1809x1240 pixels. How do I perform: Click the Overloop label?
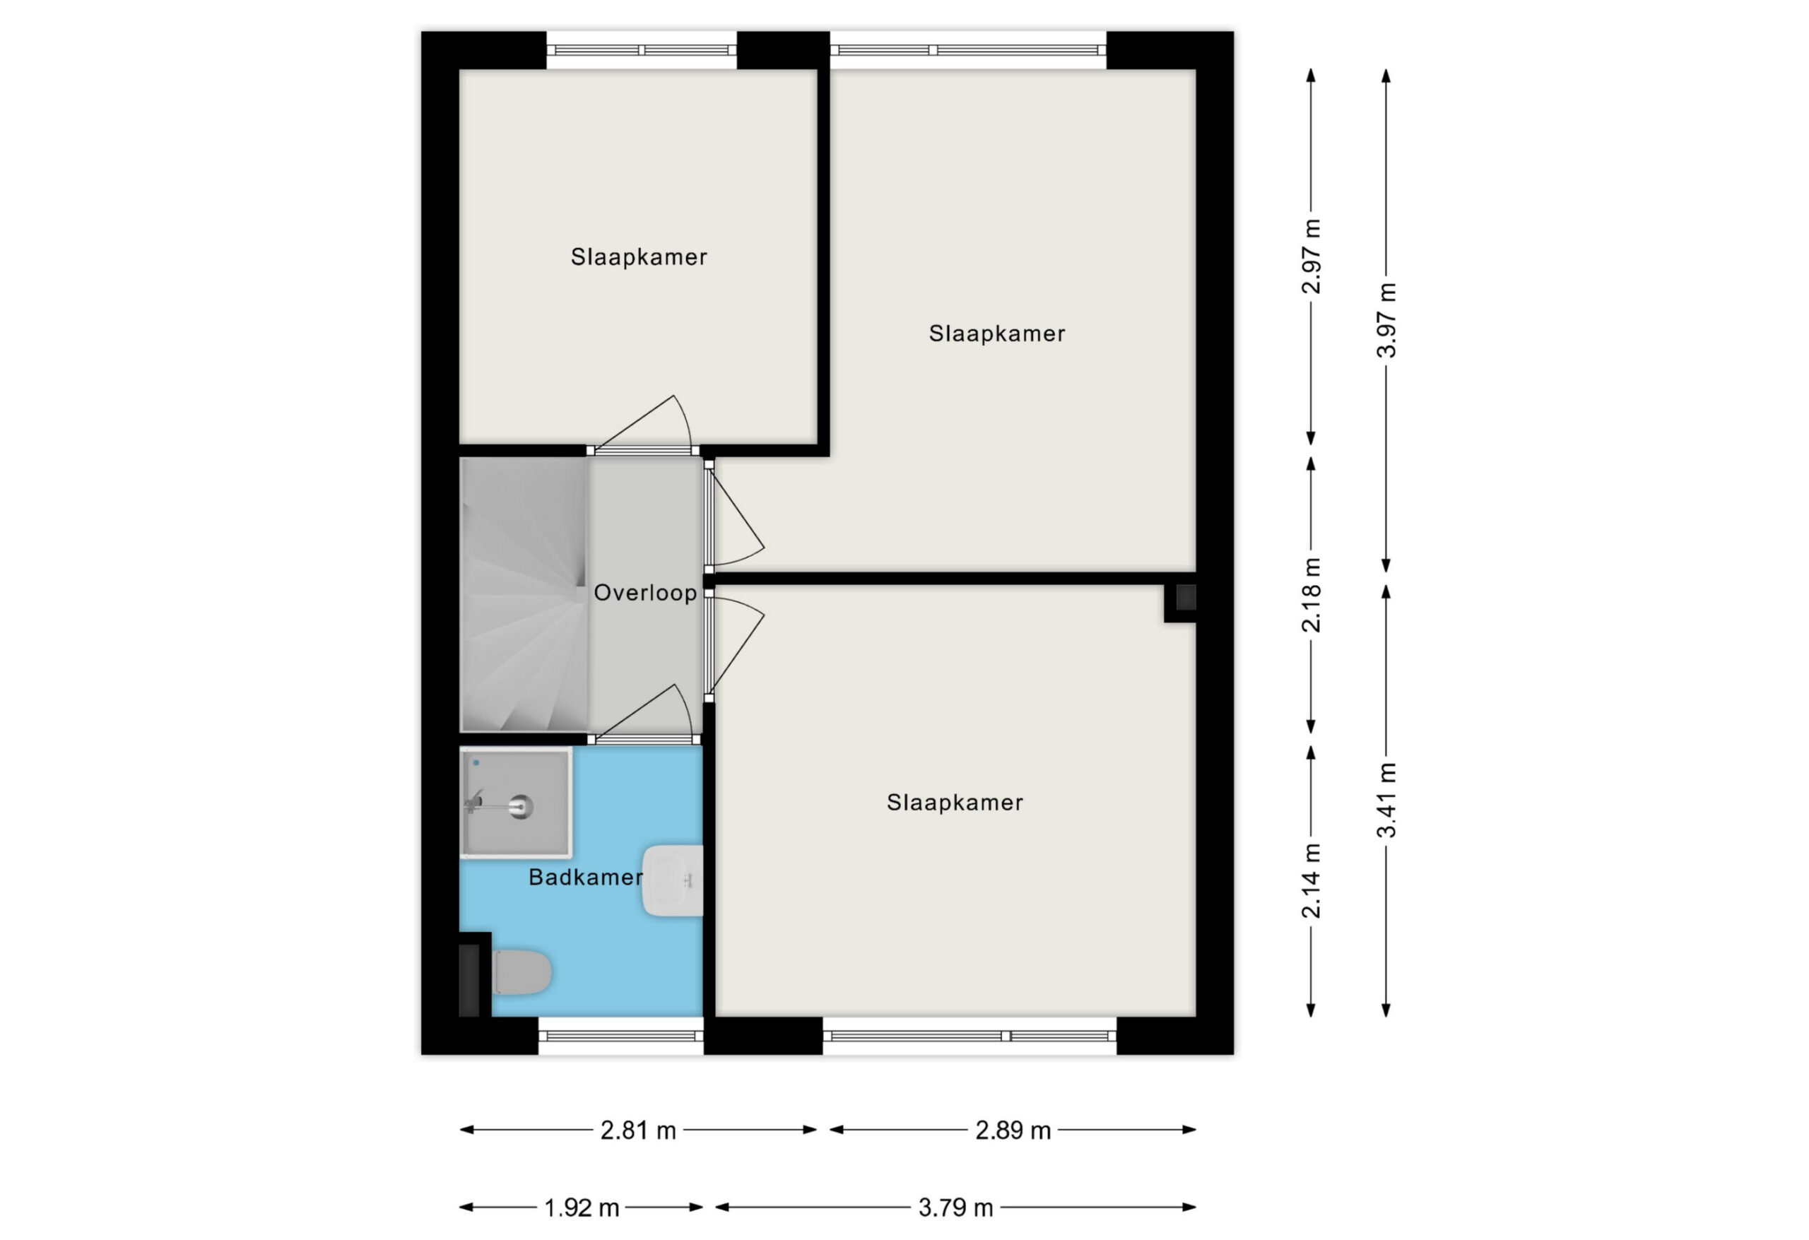coord(644,593)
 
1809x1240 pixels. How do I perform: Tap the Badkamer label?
coord(585,878)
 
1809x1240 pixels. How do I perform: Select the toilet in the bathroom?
coord(522,972)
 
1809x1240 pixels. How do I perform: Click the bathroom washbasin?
coord(673,880)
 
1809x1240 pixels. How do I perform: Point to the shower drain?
coord(521,807)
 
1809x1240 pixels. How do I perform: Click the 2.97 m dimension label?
coord(1312,257)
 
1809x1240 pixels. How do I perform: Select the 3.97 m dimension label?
coord(1386,320)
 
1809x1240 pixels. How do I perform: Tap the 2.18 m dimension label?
coord(1312,595)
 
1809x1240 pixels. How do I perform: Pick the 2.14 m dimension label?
coord(1312,880)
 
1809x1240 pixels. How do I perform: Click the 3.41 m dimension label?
coord(1386,801)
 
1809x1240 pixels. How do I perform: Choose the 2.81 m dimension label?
coord(638,1130)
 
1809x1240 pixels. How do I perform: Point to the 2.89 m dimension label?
coord(1013,1130)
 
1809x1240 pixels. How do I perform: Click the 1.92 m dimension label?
coord(582,1208)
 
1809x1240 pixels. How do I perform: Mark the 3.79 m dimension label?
coord(956,1208)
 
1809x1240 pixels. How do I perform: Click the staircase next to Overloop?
coord(524,595)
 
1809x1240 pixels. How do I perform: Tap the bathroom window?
coord(620,1035)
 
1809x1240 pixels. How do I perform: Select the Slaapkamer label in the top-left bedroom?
coord(639,257)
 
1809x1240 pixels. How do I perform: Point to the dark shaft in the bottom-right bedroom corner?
coord(1186,598)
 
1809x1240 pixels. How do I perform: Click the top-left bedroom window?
coord(642,50)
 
